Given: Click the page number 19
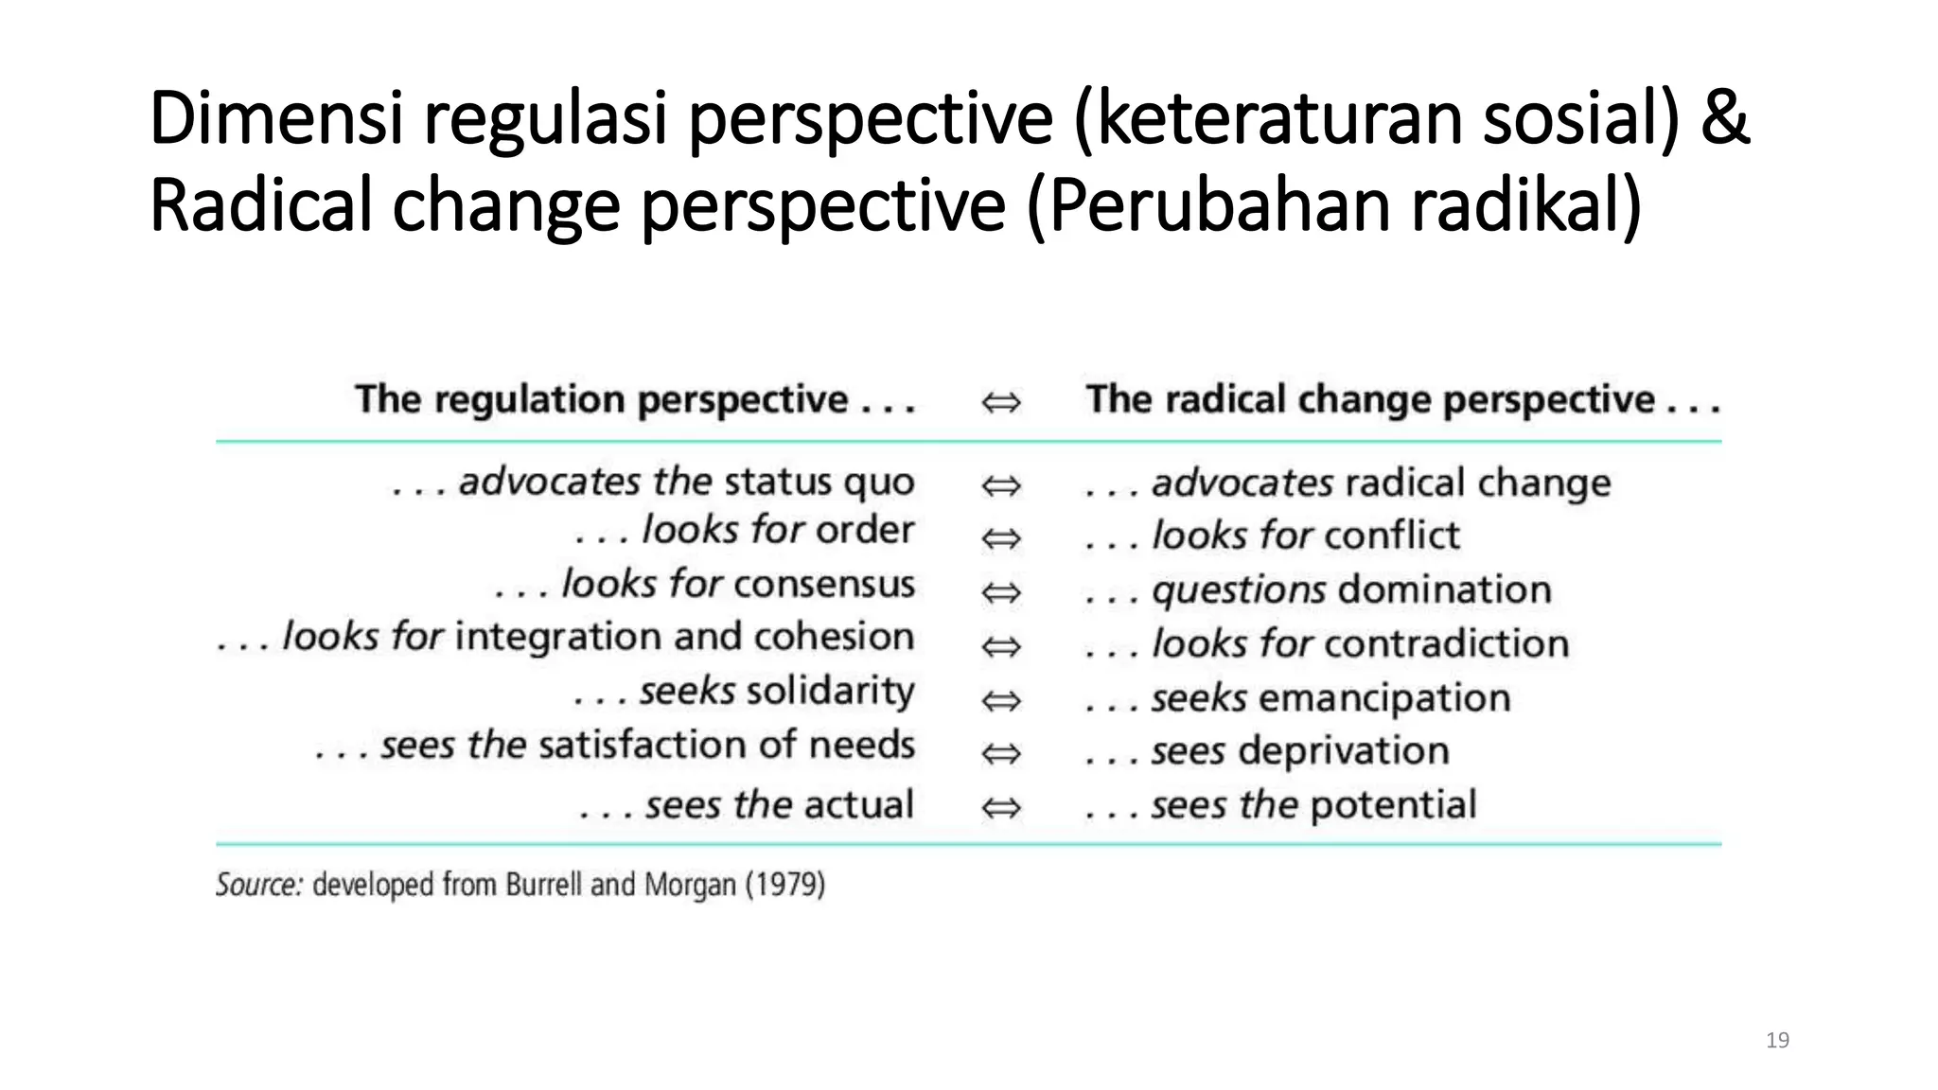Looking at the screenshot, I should [1777, 1041].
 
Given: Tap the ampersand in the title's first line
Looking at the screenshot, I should [1724, 120].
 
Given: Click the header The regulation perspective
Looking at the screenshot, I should [634, 400].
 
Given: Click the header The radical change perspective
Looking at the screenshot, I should [1401, 400].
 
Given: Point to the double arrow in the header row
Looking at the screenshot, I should [1000, 403].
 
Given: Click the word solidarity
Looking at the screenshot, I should [830, 692].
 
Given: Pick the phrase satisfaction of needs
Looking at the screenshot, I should [727, 746].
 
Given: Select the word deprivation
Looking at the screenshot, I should [1343, 751].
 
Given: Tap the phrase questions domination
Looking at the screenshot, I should [1351, 590].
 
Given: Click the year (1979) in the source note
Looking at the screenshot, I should [784, 886].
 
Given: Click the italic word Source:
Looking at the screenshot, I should [259, 886].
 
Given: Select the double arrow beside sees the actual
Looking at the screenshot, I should [1000, 808].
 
